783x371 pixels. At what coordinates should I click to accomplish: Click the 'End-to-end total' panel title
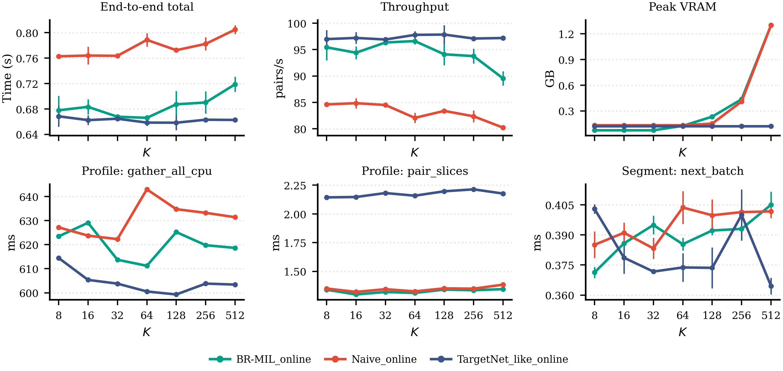(147, 7)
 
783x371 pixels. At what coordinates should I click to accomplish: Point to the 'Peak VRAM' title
(682, 7)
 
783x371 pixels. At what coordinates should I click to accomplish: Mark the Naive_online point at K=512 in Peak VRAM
(771, 25)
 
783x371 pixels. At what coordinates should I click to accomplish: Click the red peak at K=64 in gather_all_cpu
(147, 189)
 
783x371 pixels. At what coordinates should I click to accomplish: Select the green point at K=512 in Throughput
(503, 78)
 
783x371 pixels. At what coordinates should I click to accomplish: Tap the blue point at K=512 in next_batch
(771, 286)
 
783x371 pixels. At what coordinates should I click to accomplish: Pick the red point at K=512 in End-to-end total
(235, 29)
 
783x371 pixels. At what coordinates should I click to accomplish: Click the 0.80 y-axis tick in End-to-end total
(27, 33)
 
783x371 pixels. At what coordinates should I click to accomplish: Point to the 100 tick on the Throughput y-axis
(297, 23)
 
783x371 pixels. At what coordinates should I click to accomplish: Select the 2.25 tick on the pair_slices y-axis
(295, 185)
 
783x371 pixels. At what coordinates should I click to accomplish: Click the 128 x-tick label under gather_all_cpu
(176, 316)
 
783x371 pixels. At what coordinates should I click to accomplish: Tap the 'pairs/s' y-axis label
(279, 78)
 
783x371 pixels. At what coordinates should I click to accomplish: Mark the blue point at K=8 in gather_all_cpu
(59, 258)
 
